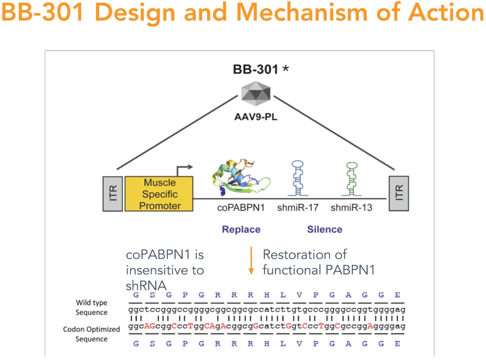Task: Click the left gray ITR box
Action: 112,193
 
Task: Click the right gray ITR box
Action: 399,193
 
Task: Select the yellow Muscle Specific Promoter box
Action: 159,194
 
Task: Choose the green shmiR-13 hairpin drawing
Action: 352,179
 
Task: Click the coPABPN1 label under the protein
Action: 240,207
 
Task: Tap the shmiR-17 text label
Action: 298,207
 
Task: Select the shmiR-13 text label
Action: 352,207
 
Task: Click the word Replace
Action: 241,229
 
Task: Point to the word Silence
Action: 324,229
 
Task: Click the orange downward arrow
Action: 251,260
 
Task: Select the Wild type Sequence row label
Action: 92,307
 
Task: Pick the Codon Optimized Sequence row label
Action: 91,334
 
